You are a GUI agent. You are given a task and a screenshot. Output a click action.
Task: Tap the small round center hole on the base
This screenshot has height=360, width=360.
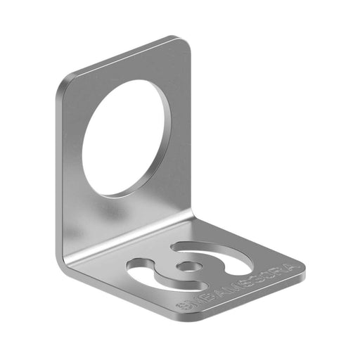188,266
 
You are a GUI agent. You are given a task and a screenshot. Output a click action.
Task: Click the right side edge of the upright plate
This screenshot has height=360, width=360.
191,127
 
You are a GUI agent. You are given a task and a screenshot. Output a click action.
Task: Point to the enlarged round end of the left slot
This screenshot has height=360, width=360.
137,266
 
